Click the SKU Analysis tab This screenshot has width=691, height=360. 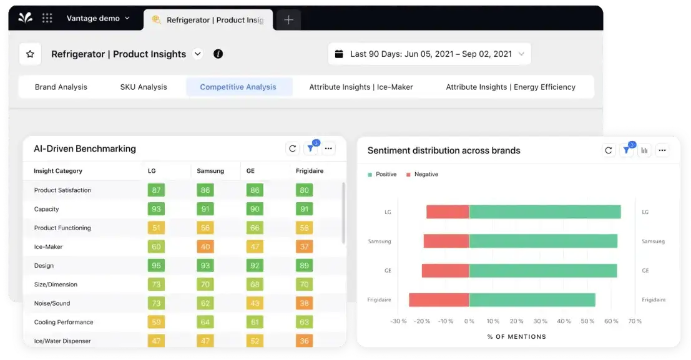(144, 87)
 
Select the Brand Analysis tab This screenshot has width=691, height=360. (61, 87)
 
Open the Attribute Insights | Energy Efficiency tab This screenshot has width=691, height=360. (510, 87)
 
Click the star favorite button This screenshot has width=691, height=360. (30, 54)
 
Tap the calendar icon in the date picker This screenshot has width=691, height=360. (339, 54)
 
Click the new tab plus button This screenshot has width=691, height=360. (288, 20)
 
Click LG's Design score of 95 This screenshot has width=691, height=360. (156, 266)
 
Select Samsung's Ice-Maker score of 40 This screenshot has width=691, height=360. (205, 247)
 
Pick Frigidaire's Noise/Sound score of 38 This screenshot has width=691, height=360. (304, 304)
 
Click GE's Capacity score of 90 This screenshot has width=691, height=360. (254, 210)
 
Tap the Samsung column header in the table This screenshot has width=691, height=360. (210, 171)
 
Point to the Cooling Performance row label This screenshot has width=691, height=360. (64, 323)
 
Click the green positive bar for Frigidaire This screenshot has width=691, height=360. (532, 300)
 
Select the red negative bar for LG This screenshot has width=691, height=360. (448, 212)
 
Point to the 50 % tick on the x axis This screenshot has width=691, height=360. (587, 321)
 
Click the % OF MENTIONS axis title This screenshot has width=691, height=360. (516, 337)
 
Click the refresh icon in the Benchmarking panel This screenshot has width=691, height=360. (292, 148)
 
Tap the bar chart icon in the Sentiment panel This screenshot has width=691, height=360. (644, 150)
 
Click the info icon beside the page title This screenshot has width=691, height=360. (218, 54)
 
